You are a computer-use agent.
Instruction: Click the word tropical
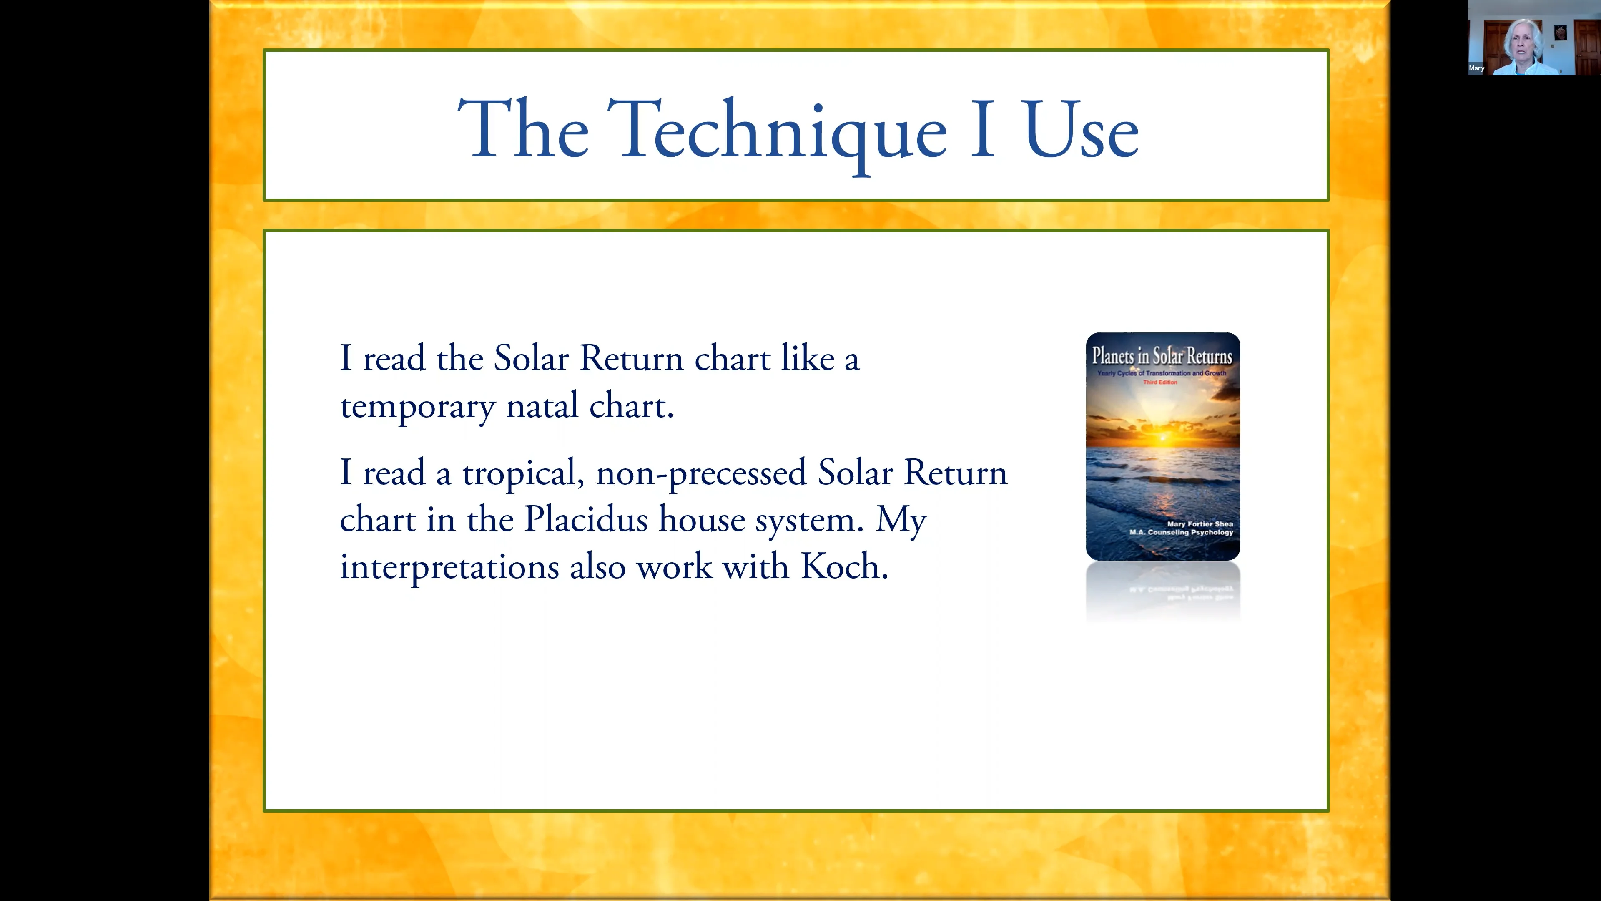[523, 474]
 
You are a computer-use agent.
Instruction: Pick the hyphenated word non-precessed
[701, 474]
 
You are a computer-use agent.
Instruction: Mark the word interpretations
[449, 568]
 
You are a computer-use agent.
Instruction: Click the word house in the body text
[702, 519]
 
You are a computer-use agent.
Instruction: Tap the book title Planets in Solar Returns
[1162, 356]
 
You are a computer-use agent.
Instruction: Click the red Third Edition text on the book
[1160, 383]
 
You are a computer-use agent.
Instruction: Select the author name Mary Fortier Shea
[1199, 524]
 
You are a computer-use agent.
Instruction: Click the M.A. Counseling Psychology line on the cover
[1181, 532]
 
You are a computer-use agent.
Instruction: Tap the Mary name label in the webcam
[1476, 68]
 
